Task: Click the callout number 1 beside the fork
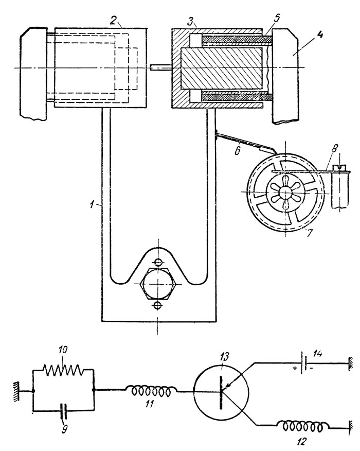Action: point(92,205)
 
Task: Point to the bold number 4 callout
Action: point(319,36)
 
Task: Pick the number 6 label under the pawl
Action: point(238,150)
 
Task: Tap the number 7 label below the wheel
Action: point(309,233)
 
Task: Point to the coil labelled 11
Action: point(151,391)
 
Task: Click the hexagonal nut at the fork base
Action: point(157,283)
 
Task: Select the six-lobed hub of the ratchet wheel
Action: point(285,192)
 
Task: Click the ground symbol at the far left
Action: point(16,391)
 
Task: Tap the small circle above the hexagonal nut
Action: point(158,262)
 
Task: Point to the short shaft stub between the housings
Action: point(161,68)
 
